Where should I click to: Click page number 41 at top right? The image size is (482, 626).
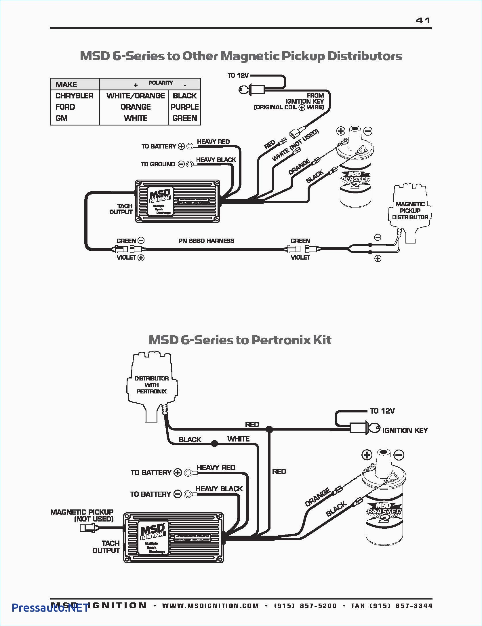pos(423,20)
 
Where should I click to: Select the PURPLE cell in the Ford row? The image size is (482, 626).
pos(184,107)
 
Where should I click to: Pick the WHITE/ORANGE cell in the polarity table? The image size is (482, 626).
pos(135,96)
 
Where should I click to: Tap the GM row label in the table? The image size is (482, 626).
pos(62,118)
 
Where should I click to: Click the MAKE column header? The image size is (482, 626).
pos(66,84)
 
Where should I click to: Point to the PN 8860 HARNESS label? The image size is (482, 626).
pos(206,241)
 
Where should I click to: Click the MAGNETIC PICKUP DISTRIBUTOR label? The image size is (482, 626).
pos(410,210)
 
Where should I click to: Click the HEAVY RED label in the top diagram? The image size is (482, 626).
pos(213,142)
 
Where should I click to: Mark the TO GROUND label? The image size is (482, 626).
pos(158,164)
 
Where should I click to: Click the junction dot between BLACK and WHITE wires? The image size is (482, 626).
pos(214,444)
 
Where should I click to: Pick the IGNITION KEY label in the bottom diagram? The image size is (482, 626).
pos(405,430)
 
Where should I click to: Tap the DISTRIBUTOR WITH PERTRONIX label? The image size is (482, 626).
pos(152,385)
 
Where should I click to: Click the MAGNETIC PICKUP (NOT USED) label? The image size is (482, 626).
pos(82,515)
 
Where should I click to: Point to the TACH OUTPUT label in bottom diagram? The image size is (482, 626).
pos(106,547)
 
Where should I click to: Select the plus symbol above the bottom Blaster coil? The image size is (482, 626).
pos(367,455)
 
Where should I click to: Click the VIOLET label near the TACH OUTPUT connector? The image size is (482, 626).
pos(126,257)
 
